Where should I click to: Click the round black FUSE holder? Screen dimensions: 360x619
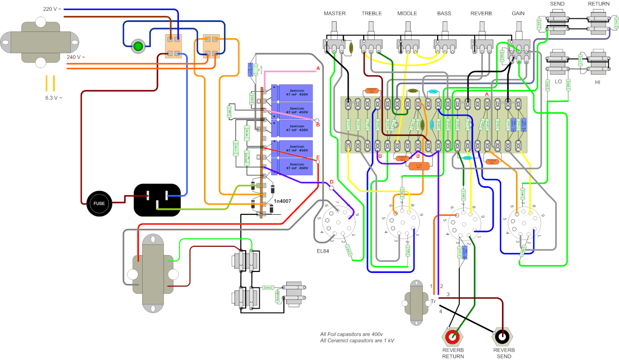click(x=99, y=203)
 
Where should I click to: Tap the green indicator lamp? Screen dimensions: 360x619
click(x=138, y=46)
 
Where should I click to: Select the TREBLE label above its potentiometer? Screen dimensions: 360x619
click(x=372, y=14)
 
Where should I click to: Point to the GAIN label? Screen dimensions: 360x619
click(x=518, y=14)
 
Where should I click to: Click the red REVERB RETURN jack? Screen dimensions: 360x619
click(x=453, y=335)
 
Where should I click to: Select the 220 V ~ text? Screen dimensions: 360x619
click(x=52, y=9)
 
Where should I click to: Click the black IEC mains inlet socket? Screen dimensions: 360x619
click(x=160, y=199)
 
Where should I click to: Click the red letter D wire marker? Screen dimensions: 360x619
click(x=331, y=182)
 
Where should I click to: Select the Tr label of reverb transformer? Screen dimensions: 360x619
click(x=433, y=301)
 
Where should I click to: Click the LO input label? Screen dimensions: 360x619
click(x=558, y=83)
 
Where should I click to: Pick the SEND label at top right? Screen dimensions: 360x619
click(x=557, y=4)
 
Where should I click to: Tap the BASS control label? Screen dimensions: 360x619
click(x=444, y=14)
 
